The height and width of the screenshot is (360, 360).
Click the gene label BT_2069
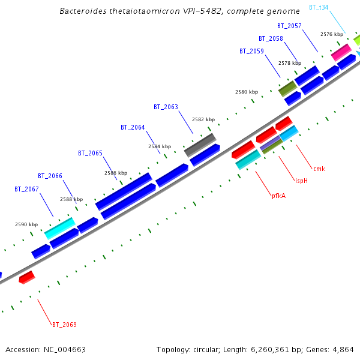coord(64,325)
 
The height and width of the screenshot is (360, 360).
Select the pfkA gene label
coord(278,195)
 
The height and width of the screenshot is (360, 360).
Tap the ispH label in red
coord(301,181)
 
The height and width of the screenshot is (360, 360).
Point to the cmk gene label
coord(319,169)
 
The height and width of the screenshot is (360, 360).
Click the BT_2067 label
coord(26,189)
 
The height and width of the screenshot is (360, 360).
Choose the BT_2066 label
coord(50,176)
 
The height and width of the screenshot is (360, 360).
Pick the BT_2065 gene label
coord(90,153)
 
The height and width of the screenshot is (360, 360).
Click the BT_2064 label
coord(133,127)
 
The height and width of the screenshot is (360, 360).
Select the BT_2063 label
coord(166,107)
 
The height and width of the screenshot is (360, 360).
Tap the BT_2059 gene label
coord(251,51)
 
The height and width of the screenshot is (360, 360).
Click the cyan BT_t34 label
coord(319,7)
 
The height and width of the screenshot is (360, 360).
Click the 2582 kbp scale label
coord(203,119)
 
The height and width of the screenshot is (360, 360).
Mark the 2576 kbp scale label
coord(332,34)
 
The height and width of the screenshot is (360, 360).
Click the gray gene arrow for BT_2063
coord(200,144)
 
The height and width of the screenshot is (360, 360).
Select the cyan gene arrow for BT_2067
coord(59,227)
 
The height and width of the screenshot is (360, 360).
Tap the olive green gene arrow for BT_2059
coord(288,88)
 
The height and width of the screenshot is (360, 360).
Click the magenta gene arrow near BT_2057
coord(341,52)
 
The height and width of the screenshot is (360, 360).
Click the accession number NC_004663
coord(46,349)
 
